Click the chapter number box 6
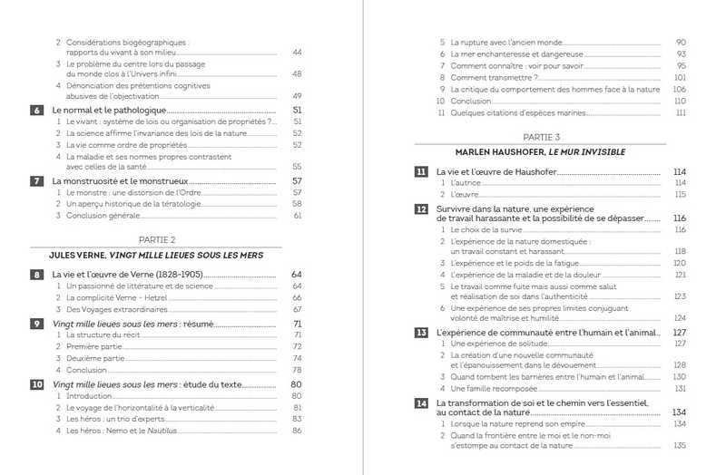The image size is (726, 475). click(37, 111)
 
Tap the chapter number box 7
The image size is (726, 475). click(37, 181)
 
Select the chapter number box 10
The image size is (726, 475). click(37, 384)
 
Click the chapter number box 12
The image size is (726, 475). click(421, 209)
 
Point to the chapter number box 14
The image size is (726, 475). click(421, 402)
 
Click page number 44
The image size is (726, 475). click(296, 53)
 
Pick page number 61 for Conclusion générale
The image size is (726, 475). click(297, 216)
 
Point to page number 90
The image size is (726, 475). click(681, 43)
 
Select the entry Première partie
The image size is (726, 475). click(95, 346)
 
